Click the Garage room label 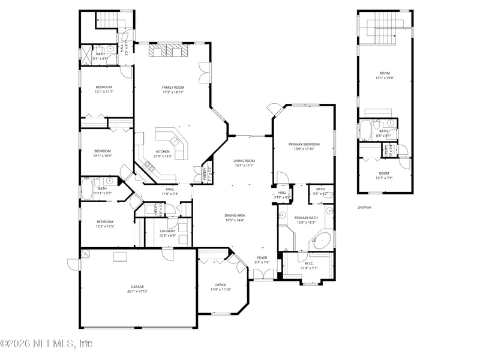pyautogui.click(x=138, y=287)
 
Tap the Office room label pyautogui.click(x=221, y=284)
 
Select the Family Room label pyautogui.click(x=172, y=88)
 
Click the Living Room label pyautogui.click(x=244, y=160)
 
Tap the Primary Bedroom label pyautogui.click(x=304, y=144)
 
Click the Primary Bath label pyautogui.click(x=305, y=218)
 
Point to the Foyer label pyautogui.click(x=263, y=258)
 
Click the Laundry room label pyautogui.click(x=168, y=231)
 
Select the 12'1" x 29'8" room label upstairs pyautogui.click(x=385, y=73)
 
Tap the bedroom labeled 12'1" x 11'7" pyautogui.click(x=104, y=87)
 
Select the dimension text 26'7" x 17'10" pyautogui.click(x=138, y=291)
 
